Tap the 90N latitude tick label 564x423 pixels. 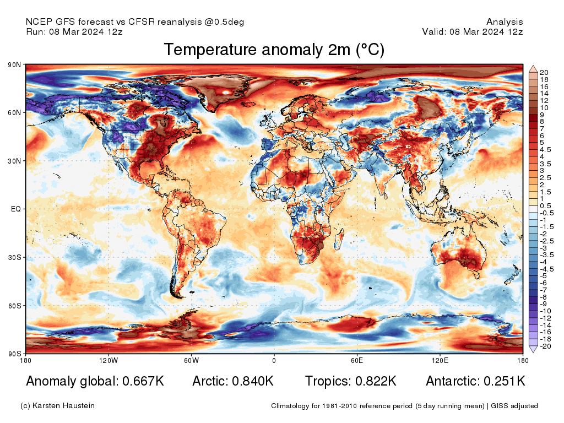point(14,65)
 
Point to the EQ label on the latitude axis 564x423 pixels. point(16,209)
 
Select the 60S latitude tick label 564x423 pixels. point(14,306)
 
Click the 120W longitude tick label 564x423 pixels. point(109,360)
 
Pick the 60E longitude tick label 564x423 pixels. point(356,360)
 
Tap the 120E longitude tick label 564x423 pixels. point(439,360)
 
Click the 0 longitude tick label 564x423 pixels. point(274,360)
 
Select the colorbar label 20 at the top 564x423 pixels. point(544,73)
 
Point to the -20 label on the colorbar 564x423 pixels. point(545,346)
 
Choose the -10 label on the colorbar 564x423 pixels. point(545,311)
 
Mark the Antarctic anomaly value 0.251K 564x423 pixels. point(504,381)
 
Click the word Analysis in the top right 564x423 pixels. point(505,22)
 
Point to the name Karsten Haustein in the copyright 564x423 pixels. point(64,406)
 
